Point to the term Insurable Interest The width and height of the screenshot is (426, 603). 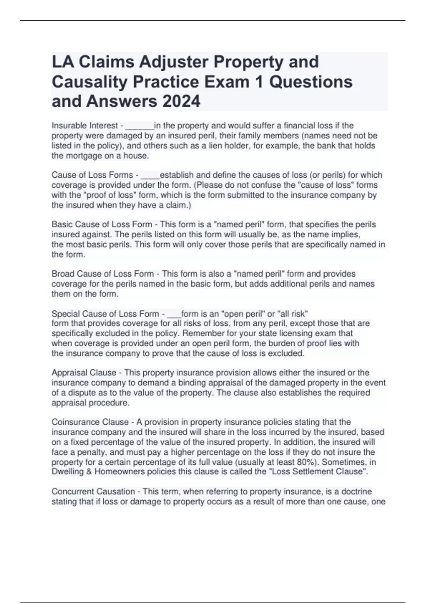85,126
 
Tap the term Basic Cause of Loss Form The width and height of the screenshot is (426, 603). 102,225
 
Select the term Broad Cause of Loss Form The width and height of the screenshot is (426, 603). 103,274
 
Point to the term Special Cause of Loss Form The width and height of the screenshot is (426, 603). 105,314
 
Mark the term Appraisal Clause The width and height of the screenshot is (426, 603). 84,373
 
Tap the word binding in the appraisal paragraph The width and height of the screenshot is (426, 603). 191,383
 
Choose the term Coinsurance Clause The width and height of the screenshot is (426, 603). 90,422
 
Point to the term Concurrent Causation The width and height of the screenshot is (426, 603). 93,492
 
